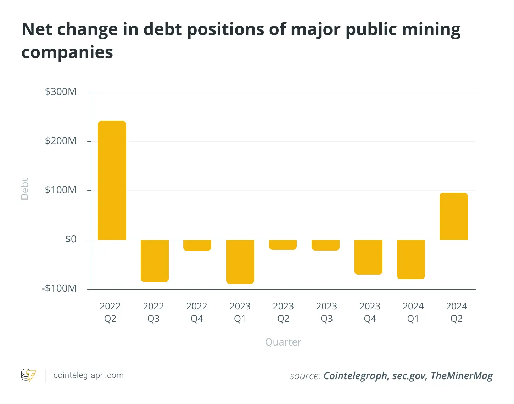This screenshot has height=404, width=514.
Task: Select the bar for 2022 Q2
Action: tap(112, 180)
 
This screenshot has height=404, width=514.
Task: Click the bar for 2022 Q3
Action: tap(155, 261)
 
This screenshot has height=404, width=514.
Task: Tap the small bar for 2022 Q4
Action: tap(197, 245)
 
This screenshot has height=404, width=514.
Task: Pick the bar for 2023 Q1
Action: tap(240, 262)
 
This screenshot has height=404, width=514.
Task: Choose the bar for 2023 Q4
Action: tap(368, 257)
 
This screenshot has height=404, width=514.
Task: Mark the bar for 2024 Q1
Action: tap(411, 259)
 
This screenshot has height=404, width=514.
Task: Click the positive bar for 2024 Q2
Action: tap(454, 217)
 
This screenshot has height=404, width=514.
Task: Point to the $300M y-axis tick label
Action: tap(61, 92)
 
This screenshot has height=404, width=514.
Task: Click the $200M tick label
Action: tap(61, 141)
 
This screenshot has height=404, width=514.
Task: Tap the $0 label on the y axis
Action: tap(71, 239)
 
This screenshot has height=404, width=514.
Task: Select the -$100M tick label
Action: tap(59, 288)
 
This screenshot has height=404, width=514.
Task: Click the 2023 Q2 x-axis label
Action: tap(283, 312)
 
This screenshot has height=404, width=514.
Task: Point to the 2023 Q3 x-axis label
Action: tap(326, 312)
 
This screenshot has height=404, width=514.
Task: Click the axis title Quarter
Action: tap(283, 342)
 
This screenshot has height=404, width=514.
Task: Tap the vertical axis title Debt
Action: tap(24, 189)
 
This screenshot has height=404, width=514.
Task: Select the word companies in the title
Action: tap(67, 52)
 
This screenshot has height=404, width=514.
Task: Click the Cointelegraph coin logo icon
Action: tap(28, 375)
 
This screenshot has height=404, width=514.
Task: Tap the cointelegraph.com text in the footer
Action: tap(88, 375)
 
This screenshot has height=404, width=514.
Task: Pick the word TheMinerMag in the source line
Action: tap(462, 376)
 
